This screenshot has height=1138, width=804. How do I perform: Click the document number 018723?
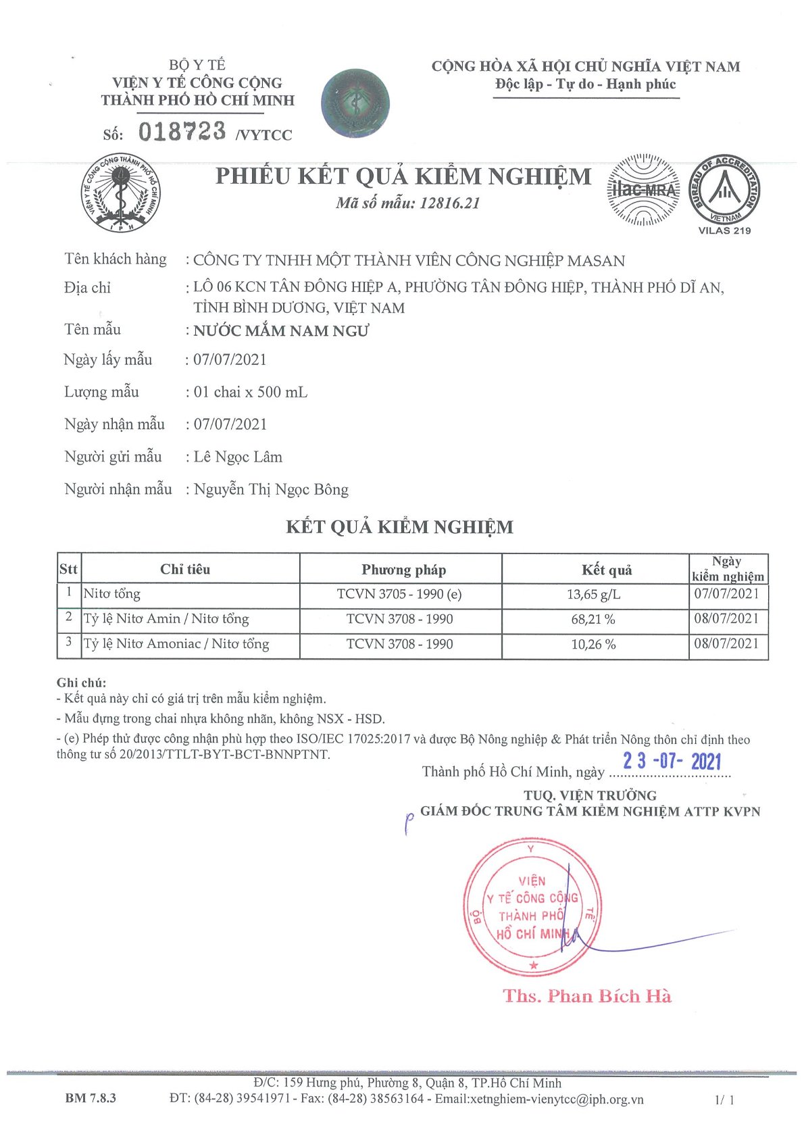point(182,131)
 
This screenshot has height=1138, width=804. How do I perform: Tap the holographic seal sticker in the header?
point(355,102)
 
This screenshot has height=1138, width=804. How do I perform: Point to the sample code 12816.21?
point(449,203)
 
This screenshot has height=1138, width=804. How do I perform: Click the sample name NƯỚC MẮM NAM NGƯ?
point(281,331)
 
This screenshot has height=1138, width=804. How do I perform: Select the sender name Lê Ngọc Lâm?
point(238,457)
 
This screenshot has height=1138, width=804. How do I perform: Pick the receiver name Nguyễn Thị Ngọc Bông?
point(271,490)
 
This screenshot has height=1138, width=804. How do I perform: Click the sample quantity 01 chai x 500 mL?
point(251,393)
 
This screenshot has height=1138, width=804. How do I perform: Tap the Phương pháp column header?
point(403,570)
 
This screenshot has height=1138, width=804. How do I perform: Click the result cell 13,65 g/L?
point(593,595)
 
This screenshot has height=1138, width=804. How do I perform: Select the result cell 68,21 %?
point(593,619)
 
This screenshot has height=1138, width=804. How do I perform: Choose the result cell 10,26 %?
point(593,644)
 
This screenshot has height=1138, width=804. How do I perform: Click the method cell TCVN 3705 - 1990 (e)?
point(399,595)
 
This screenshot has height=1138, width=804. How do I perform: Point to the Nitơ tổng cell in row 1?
point(112,595)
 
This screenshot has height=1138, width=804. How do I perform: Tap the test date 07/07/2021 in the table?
point(727,594)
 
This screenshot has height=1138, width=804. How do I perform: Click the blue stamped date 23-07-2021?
point(672,762)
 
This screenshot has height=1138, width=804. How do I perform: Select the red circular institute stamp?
point(532,908)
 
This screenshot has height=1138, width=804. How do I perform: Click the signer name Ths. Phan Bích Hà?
point(587,996)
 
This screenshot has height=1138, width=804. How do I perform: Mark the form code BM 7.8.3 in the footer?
point(91,1098)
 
